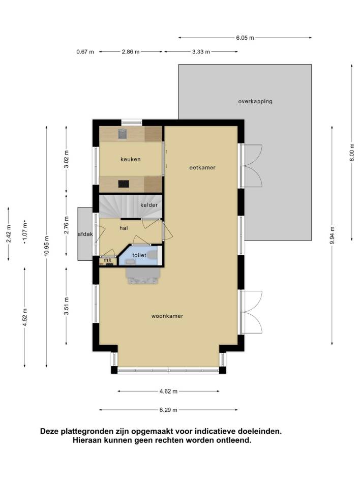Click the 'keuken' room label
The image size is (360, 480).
point(130,159)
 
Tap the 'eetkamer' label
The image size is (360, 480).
point(202,167)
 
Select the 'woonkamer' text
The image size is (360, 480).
point(167,316)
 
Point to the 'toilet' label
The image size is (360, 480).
point(139,255)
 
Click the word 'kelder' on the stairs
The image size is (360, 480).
point(149,205)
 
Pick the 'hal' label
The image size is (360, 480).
point(124,228)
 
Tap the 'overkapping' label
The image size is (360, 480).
point(255,101)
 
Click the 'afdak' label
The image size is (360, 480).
point(85,234)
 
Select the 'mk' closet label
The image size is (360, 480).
point(107,260)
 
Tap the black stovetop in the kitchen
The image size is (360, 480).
point(124,184)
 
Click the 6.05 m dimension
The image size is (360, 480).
point(245,38)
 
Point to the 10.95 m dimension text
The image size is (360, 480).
point(46,246)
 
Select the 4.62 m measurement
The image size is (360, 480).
point(168,391)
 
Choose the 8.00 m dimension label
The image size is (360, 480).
point(352,152)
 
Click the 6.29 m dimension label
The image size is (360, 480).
point(168,410)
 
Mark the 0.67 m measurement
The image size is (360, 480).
point(85,52)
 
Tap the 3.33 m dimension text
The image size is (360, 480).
point(201,52)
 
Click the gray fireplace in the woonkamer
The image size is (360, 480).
point(143,276)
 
